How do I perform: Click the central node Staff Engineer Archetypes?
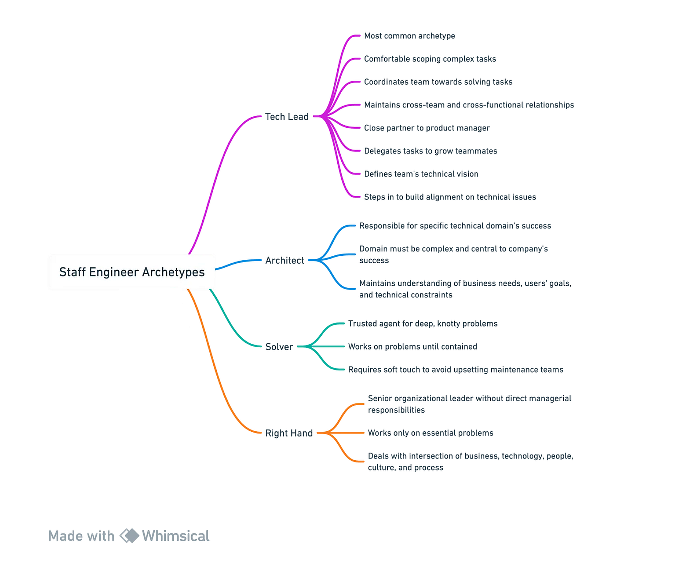point(132,272)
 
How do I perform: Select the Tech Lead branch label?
point(286,117)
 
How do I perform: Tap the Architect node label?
point(284,260)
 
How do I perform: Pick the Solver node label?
point(279,347)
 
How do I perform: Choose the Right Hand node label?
point(289,433)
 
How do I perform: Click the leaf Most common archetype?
point(409,36)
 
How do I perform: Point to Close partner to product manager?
point(426,128)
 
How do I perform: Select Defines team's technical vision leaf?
point(421,174)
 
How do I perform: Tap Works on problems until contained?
point(412,347)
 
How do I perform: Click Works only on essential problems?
point(430,433)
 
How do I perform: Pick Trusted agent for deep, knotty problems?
point(423,324)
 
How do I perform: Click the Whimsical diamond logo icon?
point(129,536)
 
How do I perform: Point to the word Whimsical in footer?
point(176,536)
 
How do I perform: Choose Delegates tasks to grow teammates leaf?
point(430,151)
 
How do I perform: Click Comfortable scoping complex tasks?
point(430,59)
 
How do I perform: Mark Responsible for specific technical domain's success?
point(455,226)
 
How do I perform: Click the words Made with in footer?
point(81,536)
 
